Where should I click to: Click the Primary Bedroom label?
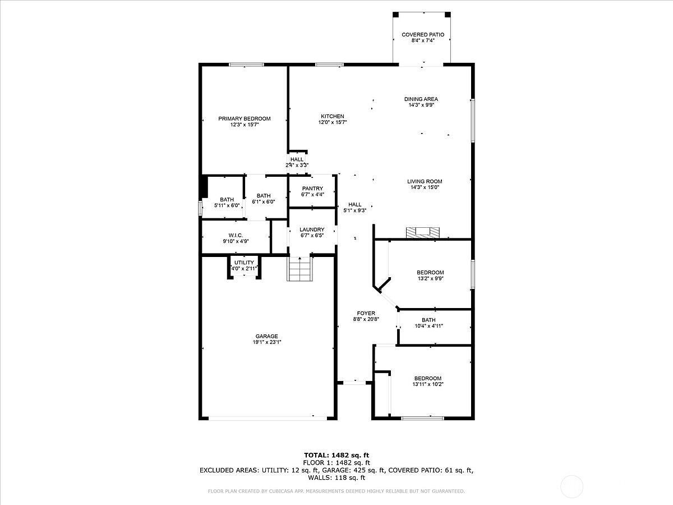[244, 118]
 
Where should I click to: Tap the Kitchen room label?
[333, 116]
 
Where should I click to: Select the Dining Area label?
[421, 99]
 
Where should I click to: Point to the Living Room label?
[425, 181]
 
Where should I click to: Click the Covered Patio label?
[423, 35]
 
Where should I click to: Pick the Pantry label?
[312, 189]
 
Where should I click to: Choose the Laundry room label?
[312, 229]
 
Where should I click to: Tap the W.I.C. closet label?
[235, 235]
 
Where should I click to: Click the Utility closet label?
[244, 263]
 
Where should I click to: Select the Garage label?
[266, 336]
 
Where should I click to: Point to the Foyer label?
[366, 313]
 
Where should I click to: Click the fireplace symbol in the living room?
[423, 231]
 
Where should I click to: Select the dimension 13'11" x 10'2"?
[428, 384]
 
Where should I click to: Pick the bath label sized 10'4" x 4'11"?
[428, 320]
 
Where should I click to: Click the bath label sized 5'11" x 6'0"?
[227, 199]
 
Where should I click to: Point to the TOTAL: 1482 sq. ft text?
[336, 455]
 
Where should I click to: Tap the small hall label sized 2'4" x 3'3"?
[297, 159]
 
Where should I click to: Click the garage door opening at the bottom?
[261, 418]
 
